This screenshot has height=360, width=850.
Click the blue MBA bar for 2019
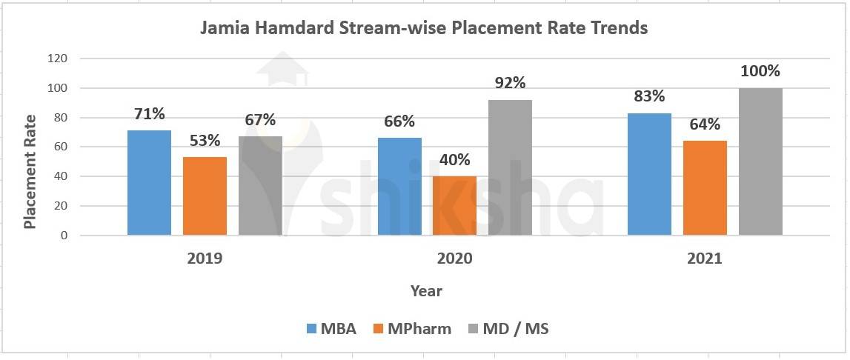point(149,183)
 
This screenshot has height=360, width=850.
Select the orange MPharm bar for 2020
point(454,206)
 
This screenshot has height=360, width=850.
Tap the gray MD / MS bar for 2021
point(760,161)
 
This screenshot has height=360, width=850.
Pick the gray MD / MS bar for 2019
point(260,186)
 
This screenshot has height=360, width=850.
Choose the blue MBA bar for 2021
point(649,174)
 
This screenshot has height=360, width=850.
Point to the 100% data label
point(760,72)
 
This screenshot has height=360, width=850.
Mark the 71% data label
point(149,114)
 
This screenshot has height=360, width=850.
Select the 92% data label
point(510,84)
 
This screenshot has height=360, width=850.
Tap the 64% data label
point(705,124)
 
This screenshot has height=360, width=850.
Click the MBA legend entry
point(331,329)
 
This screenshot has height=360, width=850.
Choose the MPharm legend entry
point(411,329)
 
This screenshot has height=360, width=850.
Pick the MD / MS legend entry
point(509,329)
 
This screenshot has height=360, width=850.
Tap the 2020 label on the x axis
point(454,259)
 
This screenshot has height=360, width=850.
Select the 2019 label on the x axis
point(205,259)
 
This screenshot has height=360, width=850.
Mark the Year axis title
point(426,291)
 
